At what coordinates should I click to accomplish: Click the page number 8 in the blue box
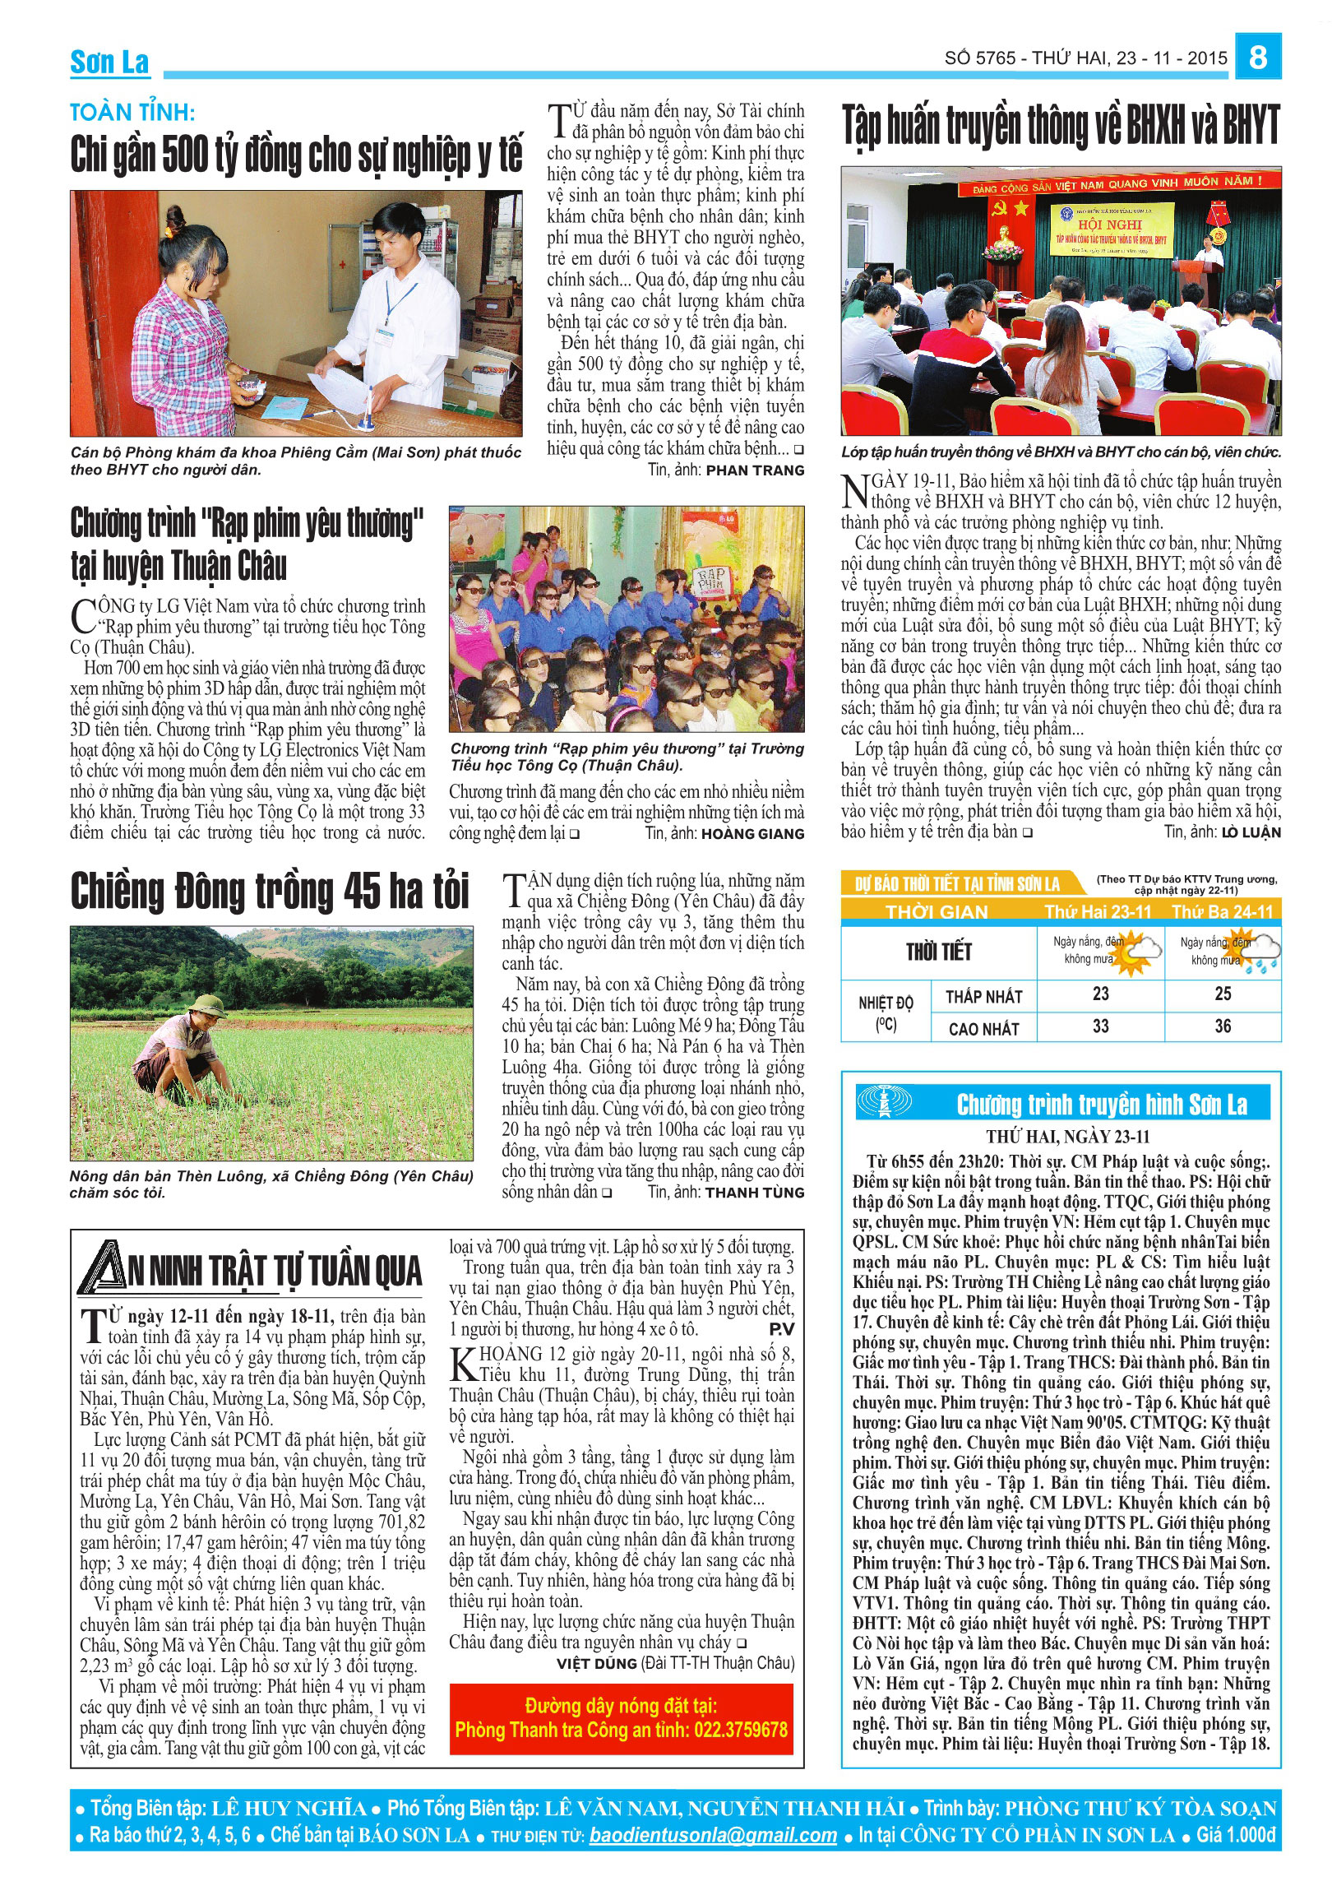coord(1257,57)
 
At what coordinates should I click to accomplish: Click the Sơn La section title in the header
coord(109,62)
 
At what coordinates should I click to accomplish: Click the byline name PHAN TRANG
coord(754,470)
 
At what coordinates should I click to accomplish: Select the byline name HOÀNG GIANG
coord(752,834)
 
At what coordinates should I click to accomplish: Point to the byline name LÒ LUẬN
coord(1251,832)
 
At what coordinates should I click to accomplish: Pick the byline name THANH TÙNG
coord(754,1192)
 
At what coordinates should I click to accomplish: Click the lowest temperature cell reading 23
coord(1100,994)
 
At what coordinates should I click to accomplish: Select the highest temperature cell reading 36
coord(1223,1026)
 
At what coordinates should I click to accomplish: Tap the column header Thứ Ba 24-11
coord(1223,911)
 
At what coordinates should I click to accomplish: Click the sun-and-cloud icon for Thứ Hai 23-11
coord(1138,952)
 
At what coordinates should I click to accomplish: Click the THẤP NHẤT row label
coord(983,996)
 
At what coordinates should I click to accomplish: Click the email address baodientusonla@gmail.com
coord(712,1835)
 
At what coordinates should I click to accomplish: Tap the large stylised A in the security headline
coord(104,1267)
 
